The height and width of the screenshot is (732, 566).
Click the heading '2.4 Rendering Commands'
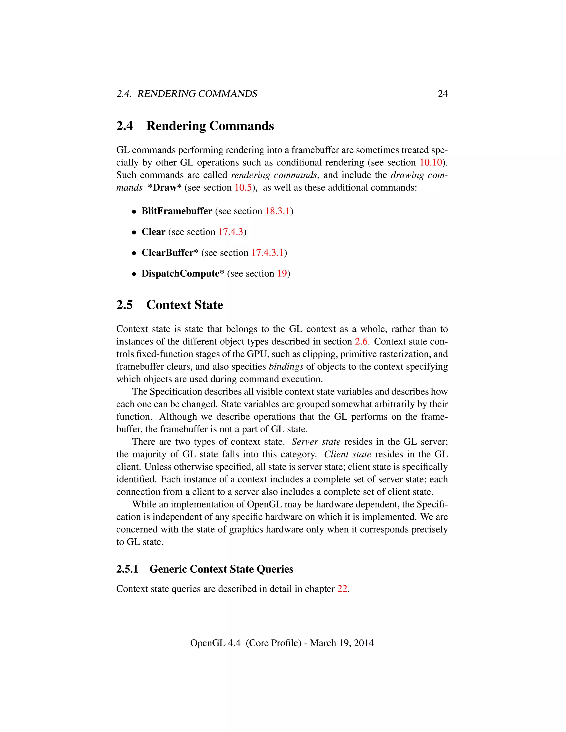[195, 126]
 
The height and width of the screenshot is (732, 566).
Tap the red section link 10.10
[431, 162]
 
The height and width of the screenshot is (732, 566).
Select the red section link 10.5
[243, 188]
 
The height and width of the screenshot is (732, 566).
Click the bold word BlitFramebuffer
[177, 211]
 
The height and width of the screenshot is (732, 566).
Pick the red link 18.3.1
[277, 211]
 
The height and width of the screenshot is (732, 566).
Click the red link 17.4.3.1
[267, 253]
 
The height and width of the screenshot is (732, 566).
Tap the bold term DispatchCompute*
[182, 273]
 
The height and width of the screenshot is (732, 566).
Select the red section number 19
[282, 273]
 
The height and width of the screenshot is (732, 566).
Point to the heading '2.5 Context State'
[169, 305]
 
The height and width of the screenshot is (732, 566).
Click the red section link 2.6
[361, 341]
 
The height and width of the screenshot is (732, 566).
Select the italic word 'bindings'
[286, 367]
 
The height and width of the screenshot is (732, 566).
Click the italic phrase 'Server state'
[316, 442]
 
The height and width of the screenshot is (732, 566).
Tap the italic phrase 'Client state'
[347, 454]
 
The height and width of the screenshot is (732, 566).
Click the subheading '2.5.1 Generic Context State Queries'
[205, 569]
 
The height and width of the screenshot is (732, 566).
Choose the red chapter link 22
[342, 589]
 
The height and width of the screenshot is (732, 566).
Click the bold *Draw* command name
[165, 188]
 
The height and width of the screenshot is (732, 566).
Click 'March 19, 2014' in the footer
[342, 643]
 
